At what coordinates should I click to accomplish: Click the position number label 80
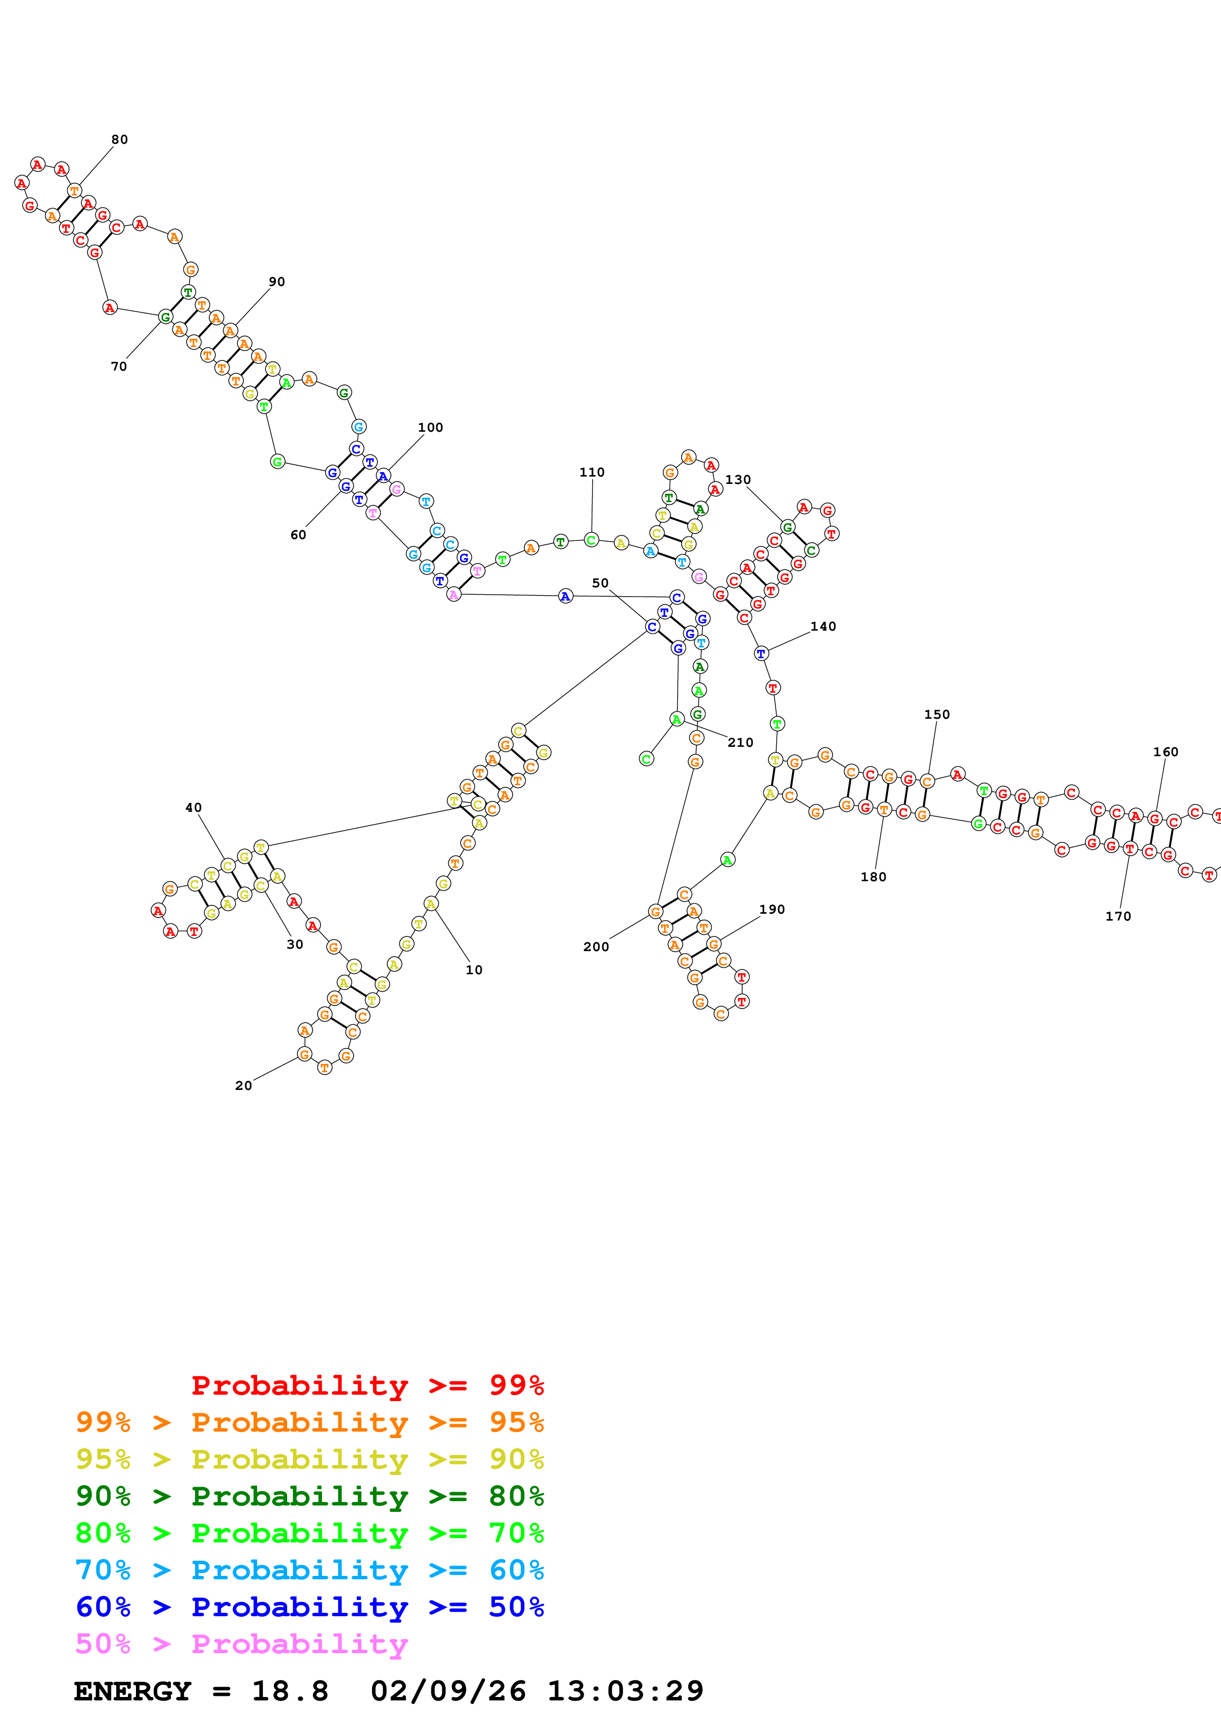[x=120, y=140]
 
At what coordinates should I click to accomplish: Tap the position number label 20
[x=243, y=1086]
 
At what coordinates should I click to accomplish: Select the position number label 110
[x=592, y=473]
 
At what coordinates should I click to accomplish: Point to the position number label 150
[x=937, y=714]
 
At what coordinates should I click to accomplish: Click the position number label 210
[x=740, y=742]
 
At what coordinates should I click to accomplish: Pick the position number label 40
[x=194, y=808]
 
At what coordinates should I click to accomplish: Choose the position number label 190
[x=772, y=909]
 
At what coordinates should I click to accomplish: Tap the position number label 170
[x=1118, y=916]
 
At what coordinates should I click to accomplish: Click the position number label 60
[x=298, y=535]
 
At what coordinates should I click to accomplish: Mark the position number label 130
[x=738, y=480]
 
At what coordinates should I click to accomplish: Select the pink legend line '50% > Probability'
[x=241, y=1643]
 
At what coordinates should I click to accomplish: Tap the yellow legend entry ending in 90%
[x=310, y=1459]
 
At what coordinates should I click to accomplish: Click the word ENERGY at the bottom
[x=132, y=1691]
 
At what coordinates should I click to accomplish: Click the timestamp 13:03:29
[x=625, y=1691]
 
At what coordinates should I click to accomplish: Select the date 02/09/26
[x=448, y=1691]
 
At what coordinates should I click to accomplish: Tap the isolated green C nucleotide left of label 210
[x=646, y=759]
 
